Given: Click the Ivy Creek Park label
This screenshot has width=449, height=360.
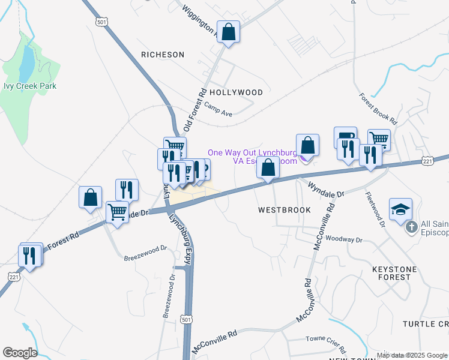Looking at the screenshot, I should tap(30, 86).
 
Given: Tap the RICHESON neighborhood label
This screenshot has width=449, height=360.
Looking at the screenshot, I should tap(163, 55).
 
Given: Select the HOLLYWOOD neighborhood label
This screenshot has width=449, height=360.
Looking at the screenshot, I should tap(236, 92).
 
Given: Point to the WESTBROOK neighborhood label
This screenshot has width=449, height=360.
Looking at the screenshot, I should tap(285, 210).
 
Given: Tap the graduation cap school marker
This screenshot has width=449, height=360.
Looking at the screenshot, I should tap(400, 210).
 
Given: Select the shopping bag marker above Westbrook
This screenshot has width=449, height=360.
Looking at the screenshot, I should tap(268, 168).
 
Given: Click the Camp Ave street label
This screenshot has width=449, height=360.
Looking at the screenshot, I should tap(218, 109).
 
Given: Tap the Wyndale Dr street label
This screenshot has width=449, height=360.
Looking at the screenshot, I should tap(326, 190).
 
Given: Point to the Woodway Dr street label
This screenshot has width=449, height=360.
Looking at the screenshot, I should tap(345, 240).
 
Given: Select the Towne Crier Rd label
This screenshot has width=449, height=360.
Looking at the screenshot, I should tap(326, 344).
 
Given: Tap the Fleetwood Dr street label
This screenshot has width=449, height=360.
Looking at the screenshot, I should tap(375, 208).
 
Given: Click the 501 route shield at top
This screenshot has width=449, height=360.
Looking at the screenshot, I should tap(101, 21).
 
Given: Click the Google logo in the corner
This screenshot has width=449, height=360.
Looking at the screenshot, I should tap(20, 353).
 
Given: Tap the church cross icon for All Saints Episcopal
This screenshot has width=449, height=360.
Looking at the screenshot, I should tap(412, 227).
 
